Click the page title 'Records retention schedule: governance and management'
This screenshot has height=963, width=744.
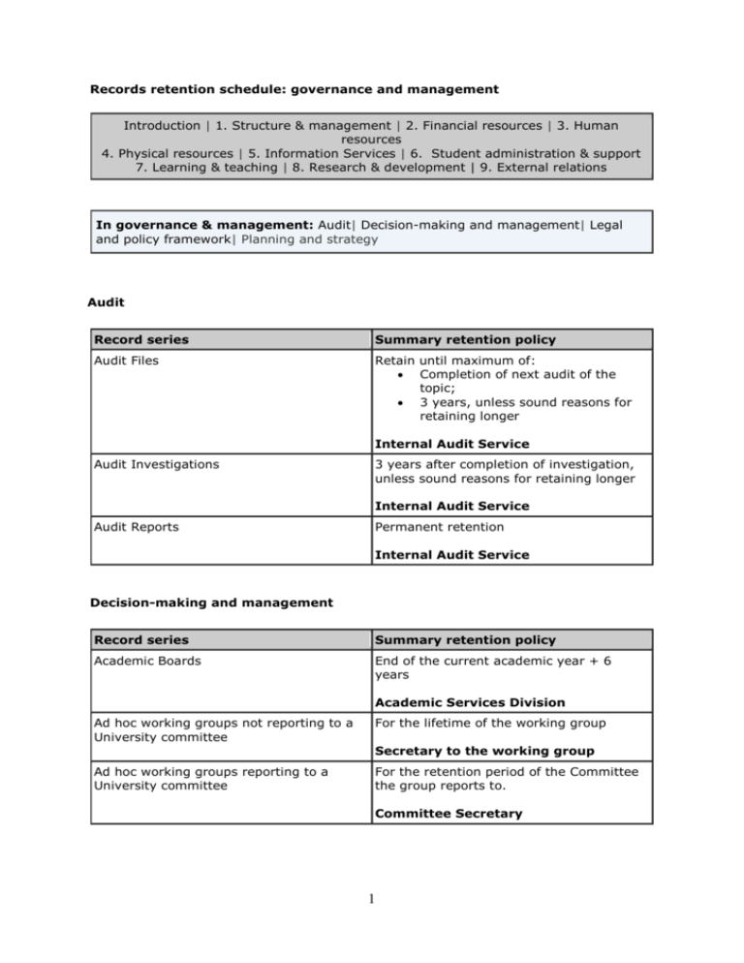[294, 90]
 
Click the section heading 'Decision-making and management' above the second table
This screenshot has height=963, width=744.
[210, 602]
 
